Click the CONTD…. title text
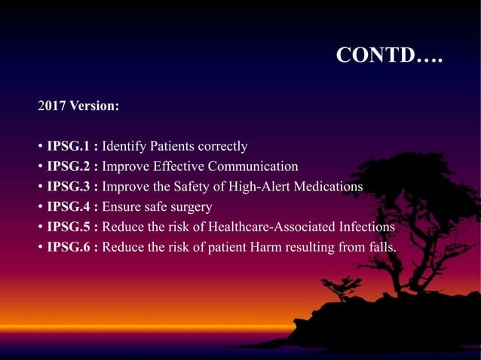pyautogui.click(x=389, y=56)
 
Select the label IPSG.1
pyautogui.click(x=69, y=146)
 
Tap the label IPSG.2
pyautogui.click(x=69, y=166)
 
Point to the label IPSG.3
pyautogui.click(x=69, y=187)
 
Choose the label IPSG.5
pyautogui.click(x=69, y=227)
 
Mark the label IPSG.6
pyautogui.click(x=69, y=247)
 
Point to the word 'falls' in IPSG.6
pyautogui.click(x=383, y=247)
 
